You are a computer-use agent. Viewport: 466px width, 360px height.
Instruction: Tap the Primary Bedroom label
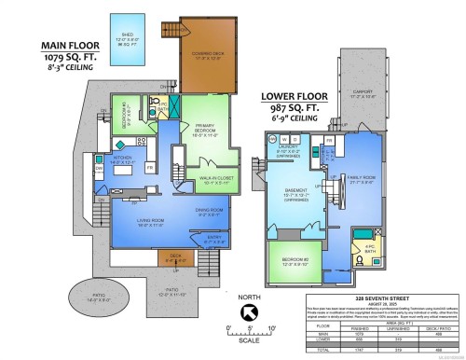tap(207, 132)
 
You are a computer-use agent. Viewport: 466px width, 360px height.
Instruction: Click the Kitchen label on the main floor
tap(126, 161)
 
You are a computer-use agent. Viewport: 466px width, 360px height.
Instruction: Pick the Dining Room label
tap(209, 210)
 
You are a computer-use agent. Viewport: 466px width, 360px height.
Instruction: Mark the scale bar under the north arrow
tap(251, 331)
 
